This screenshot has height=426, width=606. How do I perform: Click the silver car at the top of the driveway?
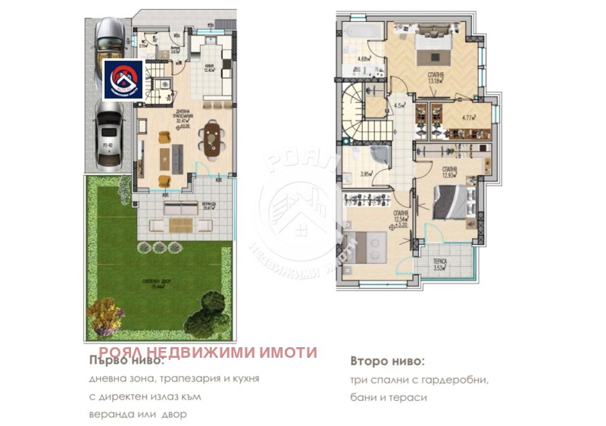[x=110, y=37]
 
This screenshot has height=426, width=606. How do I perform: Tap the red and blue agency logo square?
[x=124, y=80]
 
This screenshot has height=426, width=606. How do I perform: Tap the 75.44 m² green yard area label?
[x=158, y=284]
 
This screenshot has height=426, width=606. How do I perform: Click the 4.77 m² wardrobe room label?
[x=469, y=117]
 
